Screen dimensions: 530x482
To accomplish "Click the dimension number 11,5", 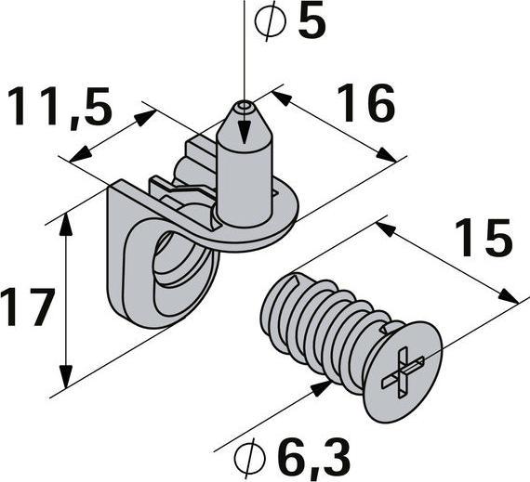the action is click(x=60, y=108).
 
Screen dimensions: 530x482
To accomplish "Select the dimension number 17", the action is click(x=28, y=306).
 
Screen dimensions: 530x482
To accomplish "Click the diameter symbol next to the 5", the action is click(x=271, y=21).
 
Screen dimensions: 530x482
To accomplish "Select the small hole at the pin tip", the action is click(x=244, y=106).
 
